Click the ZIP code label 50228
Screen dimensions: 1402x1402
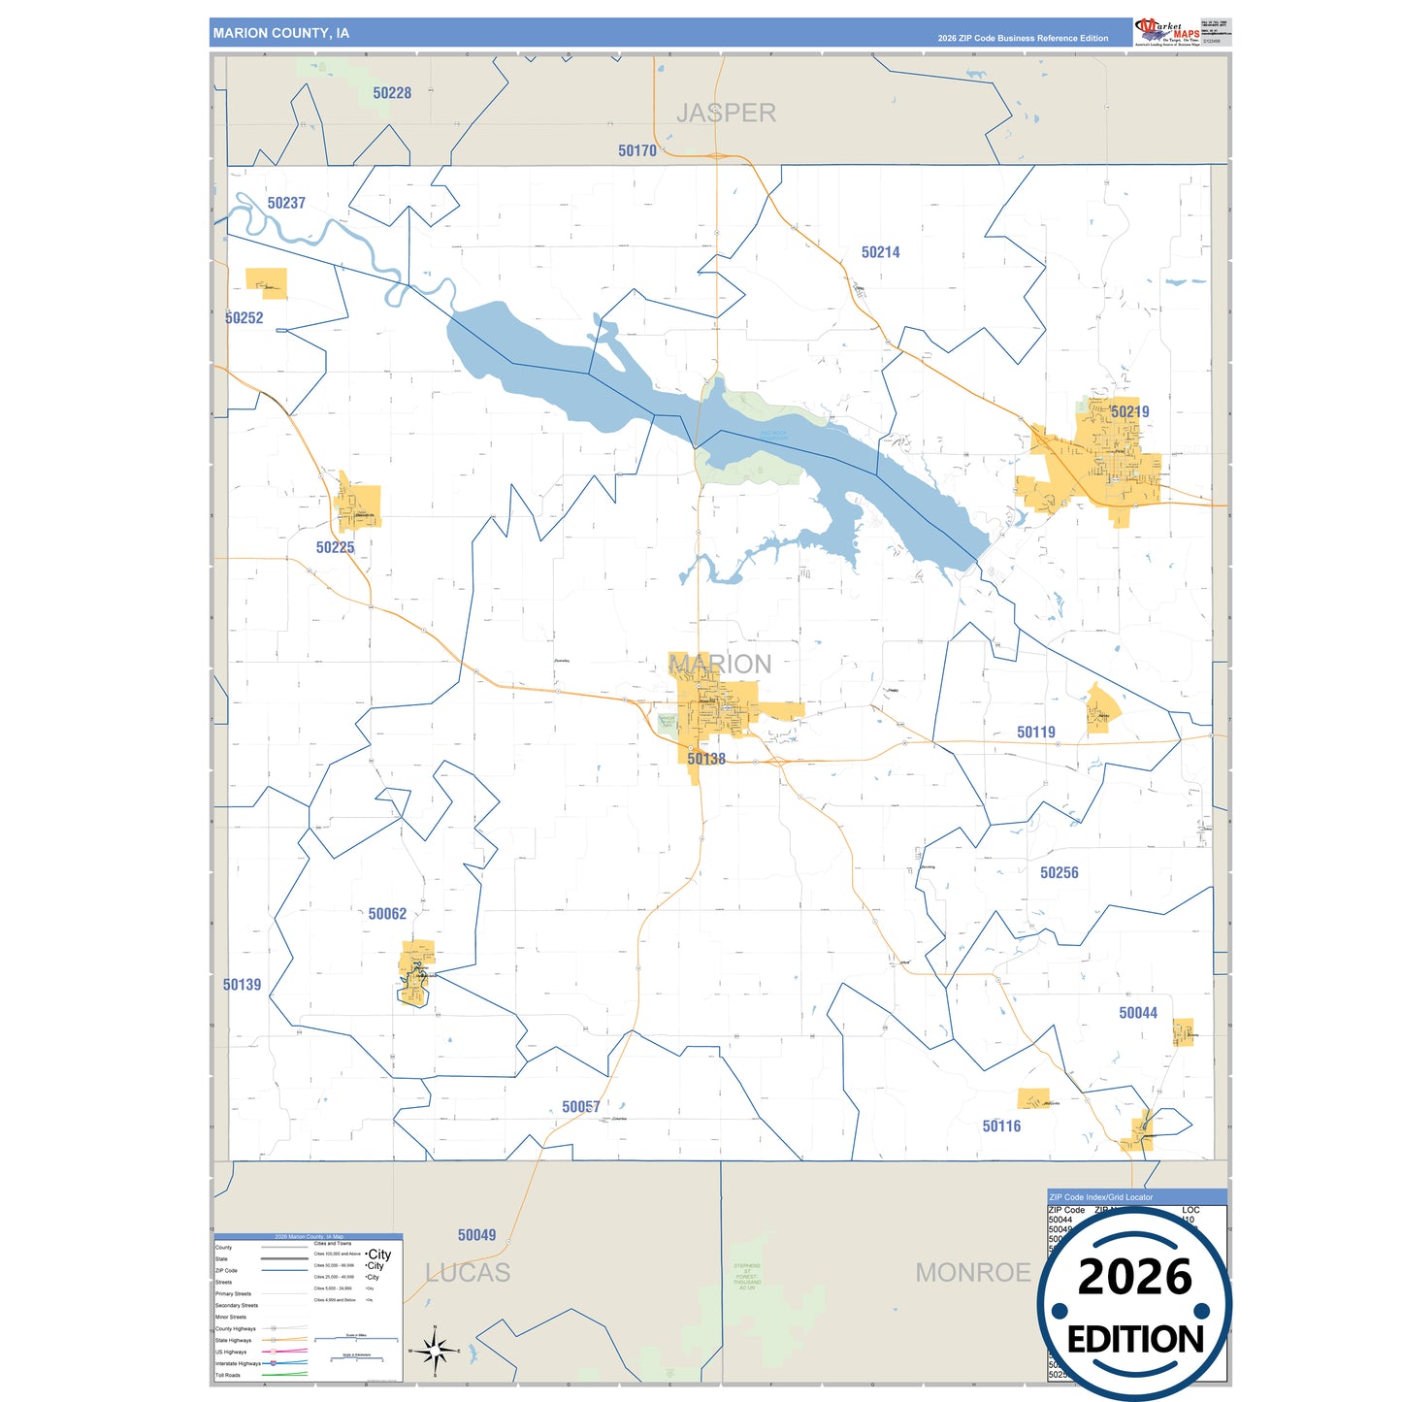pos(392,93)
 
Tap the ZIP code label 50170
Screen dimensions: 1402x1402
pos(637,150)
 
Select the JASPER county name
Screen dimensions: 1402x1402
pos(726,114)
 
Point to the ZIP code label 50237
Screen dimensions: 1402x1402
pos(286,203)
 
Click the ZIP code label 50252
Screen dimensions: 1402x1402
pos(245,318)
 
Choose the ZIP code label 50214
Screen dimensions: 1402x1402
pos(880,252)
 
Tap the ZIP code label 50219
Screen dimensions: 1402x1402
pos(1129,411)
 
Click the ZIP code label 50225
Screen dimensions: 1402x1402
pos(335,547)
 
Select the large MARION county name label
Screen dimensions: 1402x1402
pos(721,664)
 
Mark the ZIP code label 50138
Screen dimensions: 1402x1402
pos(706,759)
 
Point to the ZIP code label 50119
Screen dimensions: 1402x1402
pos(1035,733)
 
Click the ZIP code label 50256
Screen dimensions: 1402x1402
pos(1059,872)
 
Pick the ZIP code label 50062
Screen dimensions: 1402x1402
pos(387,914)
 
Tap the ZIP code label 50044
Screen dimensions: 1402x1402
pos(1137,1013)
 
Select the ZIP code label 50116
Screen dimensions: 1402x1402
pos(1001,1126)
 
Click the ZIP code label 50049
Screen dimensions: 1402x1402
pos(476,1235)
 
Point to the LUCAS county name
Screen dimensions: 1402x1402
pos(468,1273)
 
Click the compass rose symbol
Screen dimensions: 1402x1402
pos(435,1350)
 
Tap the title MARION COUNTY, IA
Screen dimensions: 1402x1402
pos(281,33)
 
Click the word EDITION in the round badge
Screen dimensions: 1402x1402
pos(1134,1340)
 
